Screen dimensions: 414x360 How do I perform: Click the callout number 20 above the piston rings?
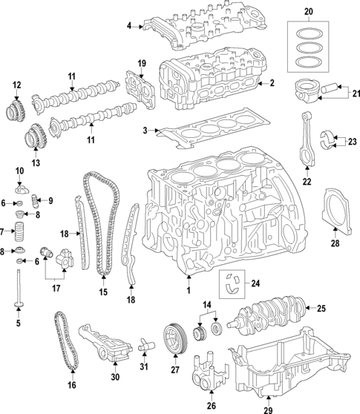(x=309, y=12)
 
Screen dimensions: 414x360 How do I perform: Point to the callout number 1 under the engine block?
(x=189, y=289)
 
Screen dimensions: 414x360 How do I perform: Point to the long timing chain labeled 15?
(x=102, y=230)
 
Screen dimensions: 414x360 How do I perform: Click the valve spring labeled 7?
(x=21, y=225)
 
